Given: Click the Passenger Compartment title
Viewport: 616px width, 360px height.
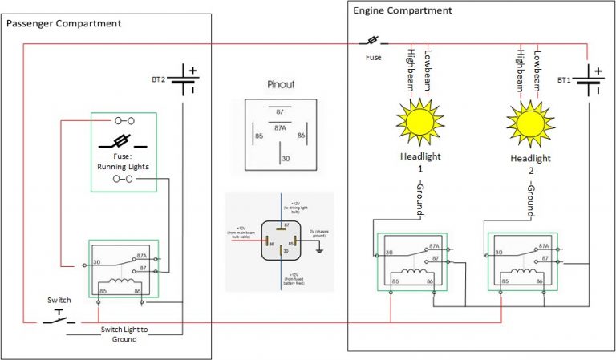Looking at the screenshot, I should click(64, 23).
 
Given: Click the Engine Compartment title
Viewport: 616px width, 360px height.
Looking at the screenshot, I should click(403, 10).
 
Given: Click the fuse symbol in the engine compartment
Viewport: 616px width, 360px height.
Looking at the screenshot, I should click(373, 41).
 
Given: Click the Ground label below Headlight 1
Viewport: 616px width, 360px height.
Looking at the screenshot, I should click(419, 197).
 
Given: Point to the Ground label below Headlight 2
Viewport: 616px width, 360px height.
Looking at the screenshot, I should click(530, 197).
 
